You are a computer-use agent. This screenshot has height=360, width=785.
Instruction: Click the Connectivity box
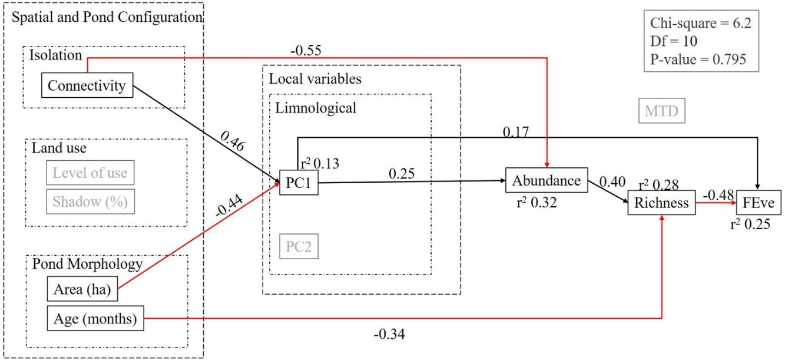coord(87,86)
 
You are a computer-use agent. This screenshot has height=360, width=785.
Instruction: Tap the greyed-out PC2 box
coord(299,247)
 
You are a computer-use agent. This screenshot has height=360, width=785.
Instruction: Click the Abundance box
coord(546,180)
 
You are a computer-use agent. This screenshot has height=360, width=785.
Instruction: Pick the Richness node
coord(661,204)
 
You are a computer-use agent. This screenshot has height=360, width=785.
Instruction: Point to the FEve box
coord(762,204)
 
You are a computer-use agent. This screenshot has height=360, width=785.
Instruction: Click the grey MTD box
coord(661,111)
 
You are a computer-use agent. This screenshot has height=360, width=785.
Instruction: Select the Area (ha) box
coord(82,290)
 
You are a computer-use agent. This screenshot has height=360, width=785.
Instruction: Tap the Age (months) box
coord(95,319)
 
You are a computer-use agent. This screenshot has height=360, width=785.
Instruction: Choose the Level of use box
coord(90,173)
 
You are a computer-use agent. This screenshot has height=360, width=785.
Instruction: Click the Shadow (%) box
coord(90,202)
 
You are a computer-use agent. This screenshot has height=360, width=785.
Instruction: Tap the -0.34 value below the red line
coord(389,335)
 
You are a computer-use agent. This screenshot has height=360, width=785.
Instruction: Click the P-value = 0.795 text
coord(697,59)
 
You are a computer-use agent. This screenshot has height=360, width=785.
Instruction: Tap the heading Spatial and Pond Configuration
coord(107,17)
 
